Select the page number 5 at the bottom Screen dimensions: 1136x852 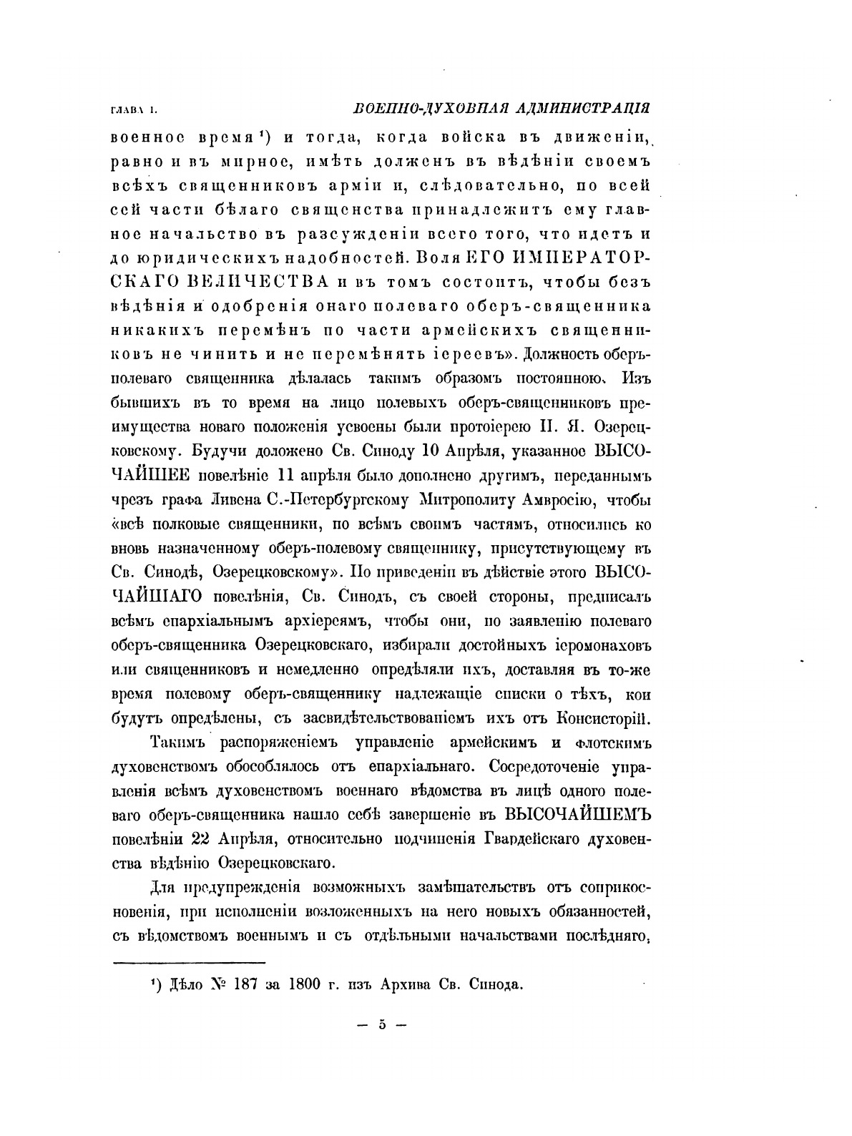[381, 1024]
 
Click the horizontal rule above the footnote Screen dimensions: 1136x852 [190, 962]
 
